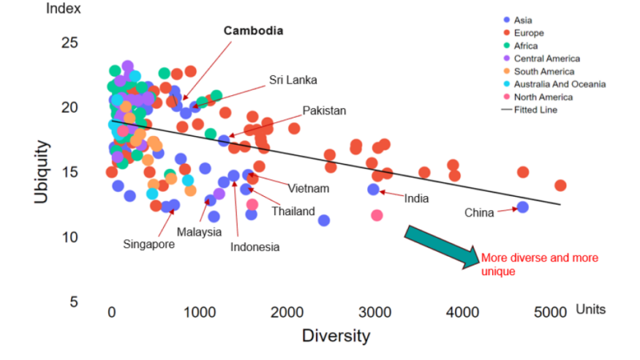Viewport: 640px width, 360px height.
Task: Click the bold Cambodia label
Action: click(x=252, y=30)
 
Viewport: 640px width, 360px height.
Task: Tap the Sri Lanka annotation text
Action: click(x=293, y=80)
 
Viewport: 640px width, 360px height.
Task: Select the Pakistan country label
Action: click(x=324, y=110)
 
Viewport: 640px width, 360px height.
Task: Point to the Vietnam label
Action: click(x=309, y=189)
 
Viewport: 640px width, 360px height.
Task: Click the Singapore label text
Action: click(x=149, y=244)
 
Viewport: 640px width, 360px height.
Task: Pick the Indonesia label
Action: click(x=255, y=247)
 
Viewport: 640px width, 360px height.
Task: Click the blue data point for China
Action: click(x=522, y=207)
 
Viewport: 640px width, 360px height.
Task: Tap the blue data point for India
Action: click(x=373, y=190)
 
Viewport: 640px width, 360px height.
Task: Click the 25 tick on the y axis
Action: click(x=70, y=42)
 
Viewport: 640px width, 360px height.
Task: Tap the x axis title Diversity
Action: click(x=336, y=335)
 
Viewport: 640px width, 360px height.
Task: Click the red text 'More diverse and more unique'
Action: click(x=538, y=264)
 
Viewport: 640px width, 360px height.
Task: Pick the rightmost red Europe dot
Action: click(x=560, y=186)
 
